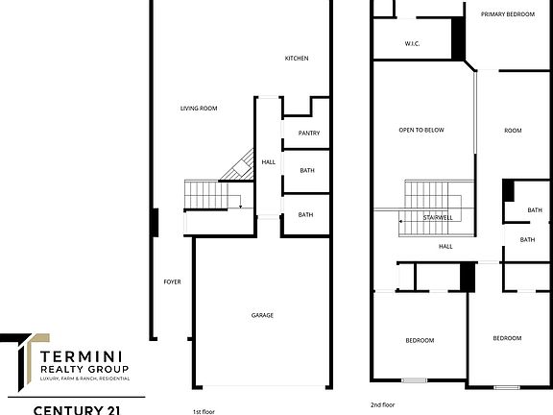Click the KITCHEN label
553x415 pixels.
point(297,60)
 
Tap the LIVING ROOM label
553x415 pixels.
point(199,109)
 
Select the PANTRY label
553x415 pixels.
point(309,134)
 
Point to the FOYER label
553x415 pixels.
point(173,281)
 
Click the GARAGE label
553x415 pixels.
point(263,315)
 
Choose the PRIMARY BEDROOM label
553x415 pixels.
point(508,13)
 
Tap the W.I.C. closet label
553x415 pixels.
point(413,44)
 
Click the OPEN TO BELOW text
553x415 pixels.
point(421,131)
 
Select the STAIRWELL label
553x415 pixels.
point(439,218)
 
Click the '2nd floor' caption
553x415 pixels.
point(383,404)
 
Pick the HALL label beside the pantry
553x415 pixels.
point(269,162)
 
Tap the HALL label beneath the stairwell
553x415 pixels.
point(445,247)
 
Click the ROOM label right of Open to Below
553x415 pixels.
point(513,131)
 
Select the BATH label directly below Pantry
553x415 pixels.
point(307,171)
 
